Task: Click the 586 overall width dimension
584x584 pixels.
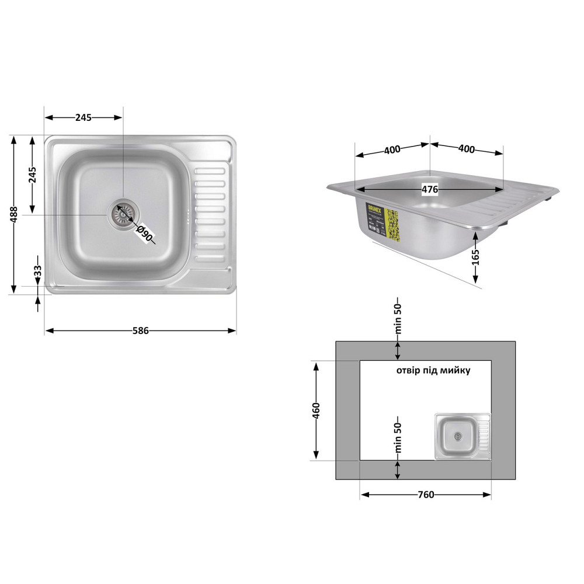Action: (140, 331)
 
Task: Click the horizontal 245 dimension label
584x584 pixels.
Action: (84, 117)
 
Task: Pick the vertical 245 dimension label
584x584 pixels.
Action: (33, 174)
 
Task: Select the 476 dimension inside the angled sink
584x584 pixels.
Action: (430, 189)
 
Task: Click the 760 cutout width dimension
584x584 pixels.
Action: (426, 495)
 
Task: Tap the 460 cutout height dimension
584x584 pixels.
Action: (316, 411)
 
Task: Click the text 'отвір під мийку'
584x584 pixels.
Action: (433, 370)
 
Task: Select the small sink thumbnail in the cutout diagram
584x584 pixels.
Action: (462, 436)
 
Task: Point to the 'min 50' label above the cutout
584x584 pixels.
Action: (398, 319)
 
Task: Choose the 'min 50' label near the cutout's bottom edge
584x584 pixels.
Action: (398, 438)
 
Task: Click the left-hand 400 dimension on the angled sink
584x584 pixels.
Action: (392, 150)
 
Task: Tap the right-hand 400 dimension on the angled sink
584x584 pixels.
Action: (466, 149)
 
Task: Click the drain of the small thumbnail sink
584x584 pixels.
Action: (457, 436)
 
